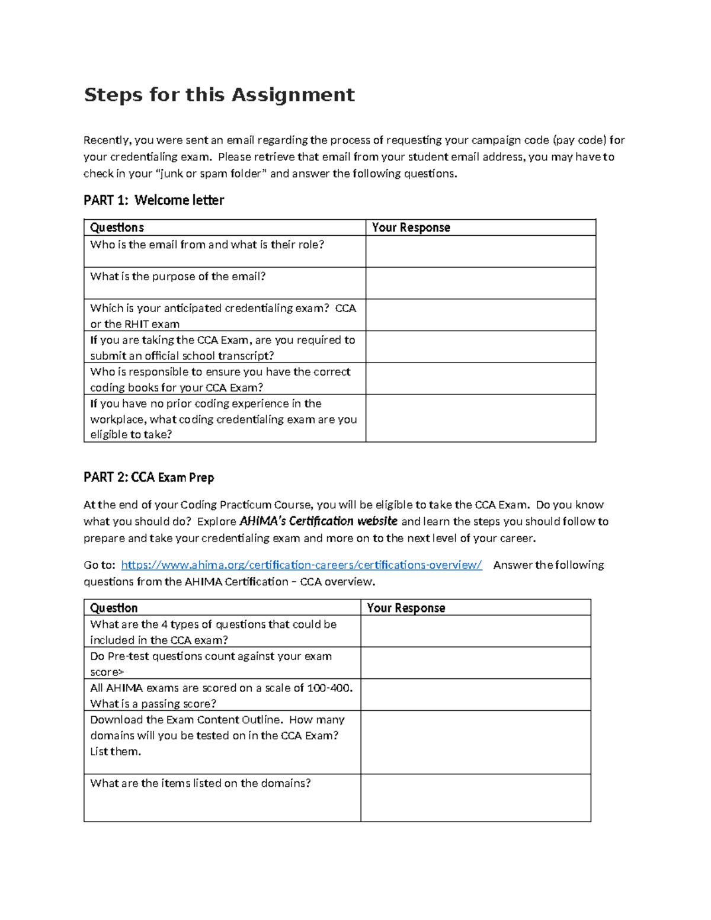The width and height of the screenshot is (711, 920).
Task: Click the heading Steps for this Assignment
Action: point(219,95)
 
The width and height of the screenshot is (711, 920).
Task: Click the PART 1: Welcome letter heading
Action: point(153,200)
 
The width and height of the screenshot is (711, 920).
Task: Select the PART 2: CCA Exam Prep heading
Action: point(149,477)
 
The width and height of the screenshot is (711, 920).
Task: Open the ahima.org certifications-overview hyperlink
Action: point(301,565)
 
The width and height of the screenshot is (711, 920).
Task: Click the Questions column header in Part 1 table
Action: point(117,227)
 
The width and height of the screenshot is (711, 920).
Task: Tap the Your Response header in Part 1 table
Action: point(411,227)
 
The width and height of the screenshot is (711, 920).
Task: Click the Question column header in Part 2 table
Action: point(114,608)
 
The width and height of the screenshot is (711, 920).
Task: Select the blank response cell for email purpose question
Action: point(480,283)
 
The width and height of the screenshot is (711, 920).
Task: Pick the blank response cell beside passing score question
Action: point(475,695)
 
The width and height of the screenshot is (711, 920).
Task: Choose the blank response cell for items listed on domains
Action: point(475,798)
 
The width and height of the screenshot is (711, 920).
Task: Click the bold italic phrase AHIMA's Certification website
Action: point(318,521)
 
